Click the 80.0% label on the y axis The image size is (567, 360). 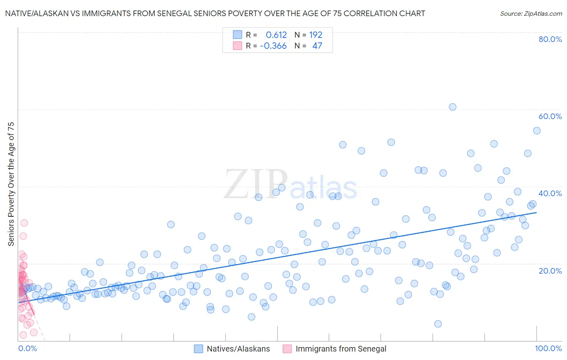pyautogui.click(x=550, y=39)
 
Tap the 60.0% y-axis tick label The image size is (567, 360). pyautogui.click(x=550, y=116)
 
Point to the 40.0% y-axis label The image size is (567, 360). pyautogui.click(x=550, y=193)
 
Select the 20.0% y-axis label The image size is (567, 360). pyautogui.click(x=550, y=270)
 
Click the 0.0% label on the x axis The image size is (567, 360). pyautogui.click(x=27, y=348)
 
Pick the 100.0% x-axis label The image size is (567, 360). pyautogui.click(x=548, y=348)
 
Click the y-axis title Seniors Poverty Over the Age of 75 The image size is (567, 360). pyautogui.click(x=11, y=184)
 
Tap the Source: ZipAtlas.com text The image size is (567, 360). pyautogui.click(x=531, y=14)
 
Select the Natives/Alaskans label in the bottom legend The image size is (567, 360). pyautogui.click(x=238, y=349)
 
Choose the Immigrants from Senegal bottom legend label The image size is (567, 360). pyautogui.click(x=341, y=349)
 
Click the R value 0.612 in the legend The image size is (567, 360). pyautogui.click(x=276, y=35)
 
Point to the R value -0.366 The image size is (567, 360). pyautogui.click(x=273, y=46)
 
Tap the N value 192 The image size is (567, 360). pyautogui.click(x=316, y=35)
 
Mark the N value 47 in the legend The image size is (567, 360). pyautogui.click(x=317, y=46)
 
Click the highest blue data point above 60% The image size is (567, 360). pyautogui.click(x=452, y=107)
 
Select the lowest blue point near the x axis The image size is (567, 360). pyautogui.click(x=438, y=324)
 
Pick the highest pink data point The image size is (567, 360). pyautogui.click(x=24, y=223)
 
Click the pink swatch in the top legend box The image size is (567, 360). pyautogui.click(x=238, y=46)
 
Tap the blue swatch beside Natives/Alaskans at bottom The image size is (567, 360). pyautogui.click(x=198, y=349)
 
